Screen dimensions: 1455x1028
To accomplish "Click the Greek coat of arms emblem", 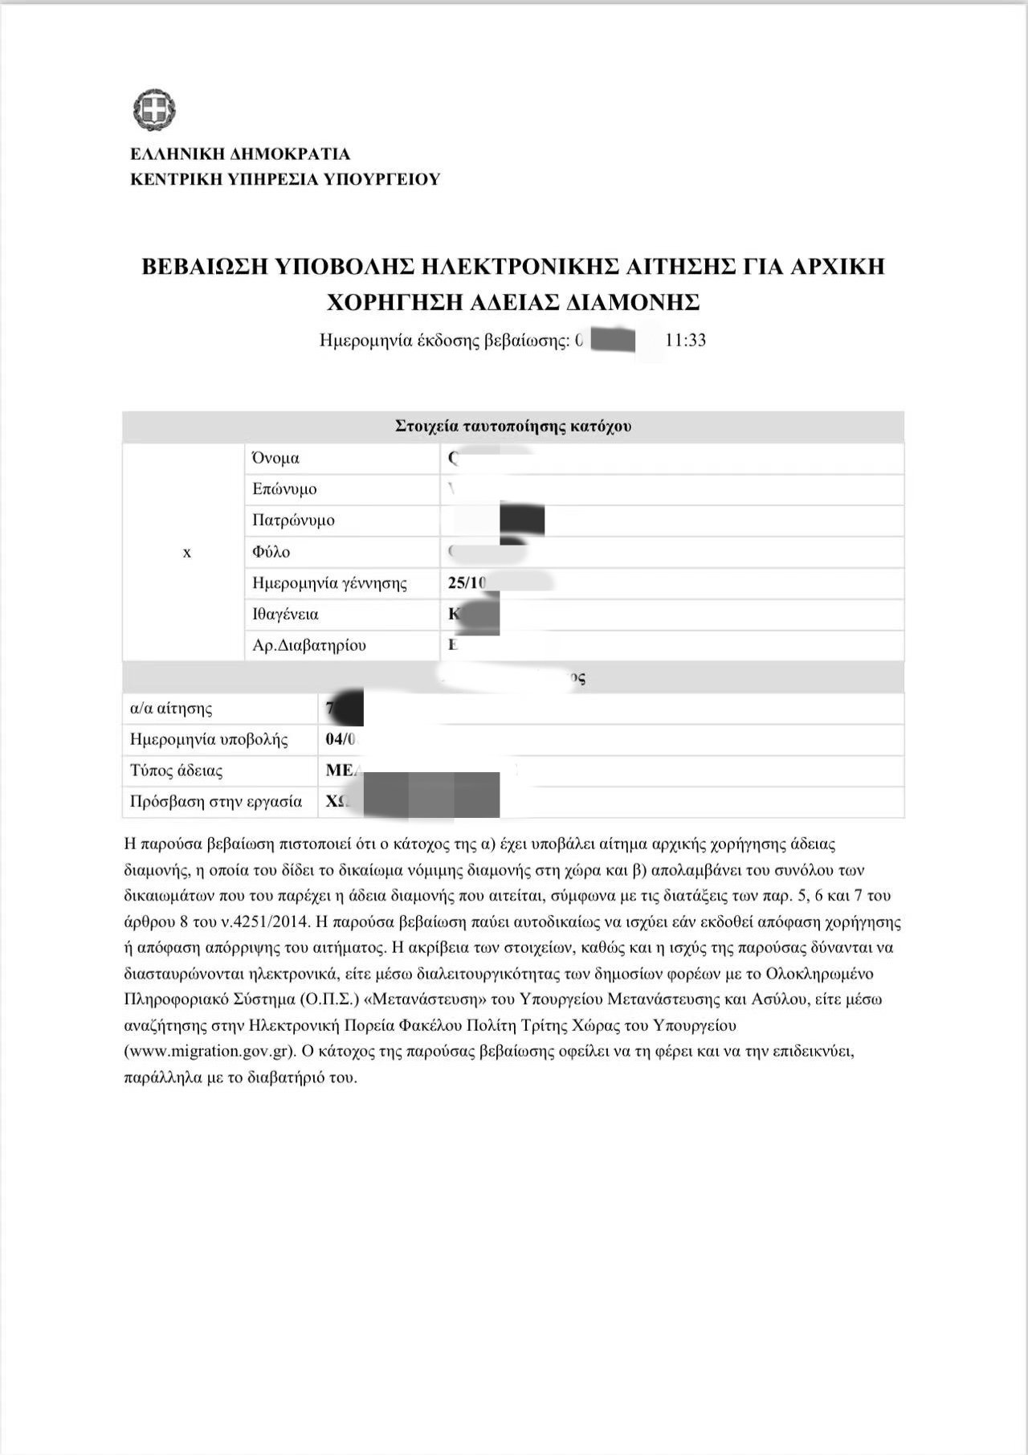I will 153,110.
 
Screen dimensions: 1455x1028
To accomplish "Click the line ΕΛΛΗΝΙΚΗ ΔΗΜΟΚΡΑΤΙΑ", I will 240,154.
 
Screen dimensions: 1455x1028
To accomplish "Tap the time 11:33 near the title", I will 686,340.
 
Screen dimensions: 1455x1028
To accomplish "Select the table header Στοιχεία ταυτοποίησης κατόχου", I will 513,426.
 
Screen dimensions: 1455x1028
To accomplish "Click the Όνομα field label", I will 275,458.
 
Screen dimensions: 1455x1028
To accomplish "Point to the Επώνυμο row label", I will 284,488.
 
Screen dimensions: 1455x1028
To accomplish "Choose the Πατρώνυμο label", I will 293,520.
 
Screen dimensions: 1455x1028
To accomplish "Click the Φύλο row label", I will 271,552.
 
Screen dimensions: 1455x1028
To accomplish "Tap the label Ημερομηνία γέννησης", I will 329,582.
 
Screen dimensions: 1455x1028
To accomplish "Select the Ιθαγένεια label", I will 285,614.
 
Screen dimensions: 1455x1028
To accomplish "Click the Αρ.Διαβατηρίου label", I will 309,645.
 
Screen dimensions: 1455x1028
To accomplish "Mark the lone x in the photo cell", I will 187,553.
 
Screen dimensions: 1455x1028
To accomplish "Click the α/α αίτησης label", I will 171,709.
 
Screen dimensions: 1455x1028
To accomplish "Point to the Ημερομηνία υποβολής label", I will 209,739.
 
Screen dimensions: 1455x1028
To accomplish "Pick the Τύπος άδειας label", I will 177,770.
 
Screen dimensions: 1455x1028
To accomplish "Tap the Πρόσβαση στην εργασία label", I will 216,801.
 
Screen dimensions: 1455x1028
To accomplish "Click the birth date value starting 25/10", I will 468,582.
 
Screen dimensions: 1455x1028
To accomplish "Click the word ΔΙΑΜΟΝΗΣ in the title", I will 633,303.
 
